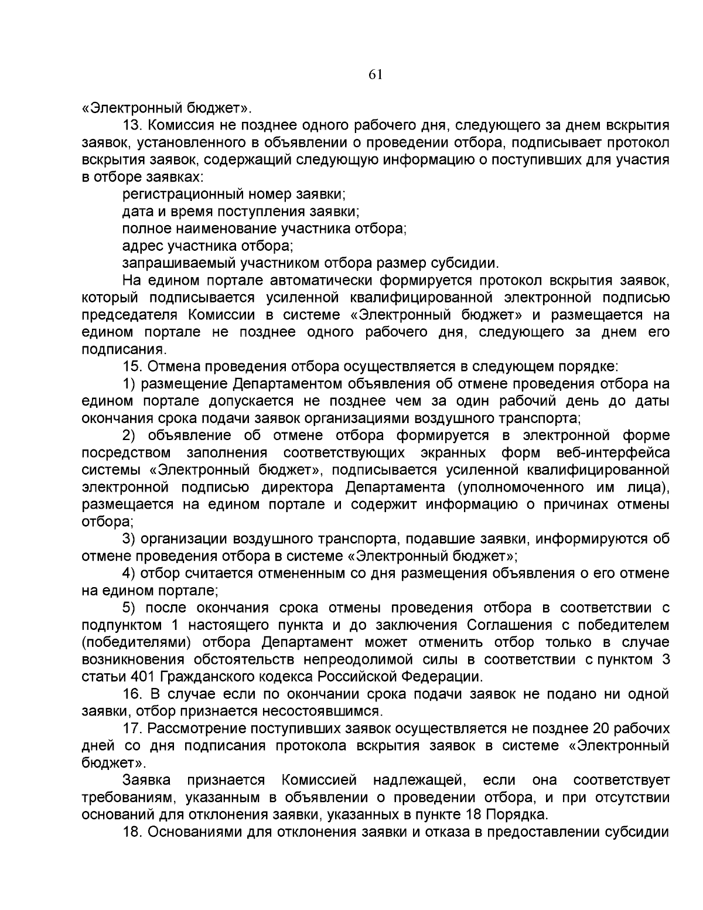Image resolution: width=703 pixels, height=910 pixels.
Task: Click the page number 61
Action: [376, 74]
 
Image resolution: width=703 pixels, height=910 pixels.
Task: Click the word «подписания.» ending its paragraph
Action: [116, 349]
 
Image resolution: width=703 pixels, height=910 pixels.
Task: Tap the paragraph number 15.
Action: [132, 367]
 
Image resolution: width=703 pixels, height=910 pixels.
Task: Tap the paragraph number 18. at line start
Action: [133, 832]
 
